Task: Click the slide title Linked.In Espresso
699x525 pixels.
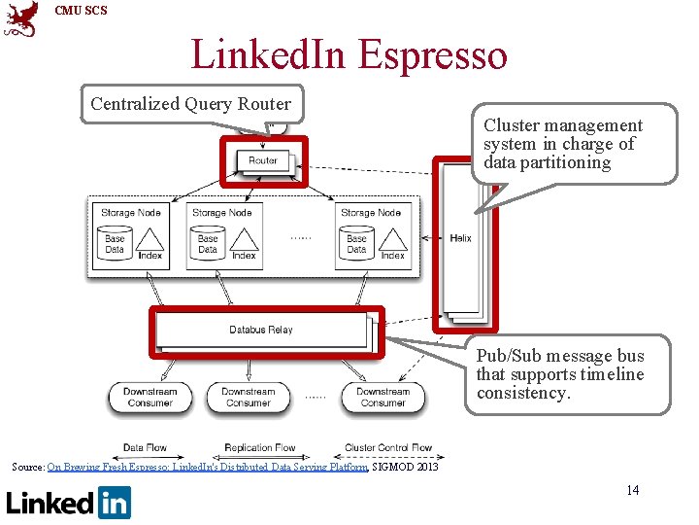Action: coord(349,54)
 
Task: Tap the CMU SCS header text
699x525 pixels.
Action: coord(81,11)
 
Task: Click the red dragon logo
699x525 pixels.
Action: coord(21,19)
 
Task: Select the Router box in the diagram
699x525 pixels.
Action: coord(263,160)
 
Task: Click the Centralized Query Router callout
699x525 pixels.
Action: coord(190,103)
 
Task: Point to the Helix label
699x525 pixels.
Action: coord(460,238)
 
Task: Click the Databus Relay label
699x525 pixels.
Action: coord(261,330)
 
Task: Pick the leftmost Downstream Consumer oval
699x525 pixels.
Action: coord(149,397)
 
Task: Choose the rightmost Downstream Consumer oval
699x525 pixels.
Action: coord(383,397)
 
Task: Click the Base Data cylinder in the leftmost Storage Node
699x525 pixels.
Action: coord(115,243)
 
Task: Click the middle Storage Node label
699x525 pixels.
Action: coord(222,213)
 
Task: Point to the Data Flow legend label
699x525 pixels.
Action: coord(145,448)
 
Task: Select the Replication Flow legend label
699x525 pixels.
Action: coord(260,448)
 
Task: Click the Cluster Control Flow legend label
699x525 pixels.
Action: coord(388,448)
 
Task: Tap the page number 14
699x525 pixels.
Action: coord(633,490)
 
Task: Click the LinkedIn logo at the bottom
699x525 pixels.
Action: coord(69,503)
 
